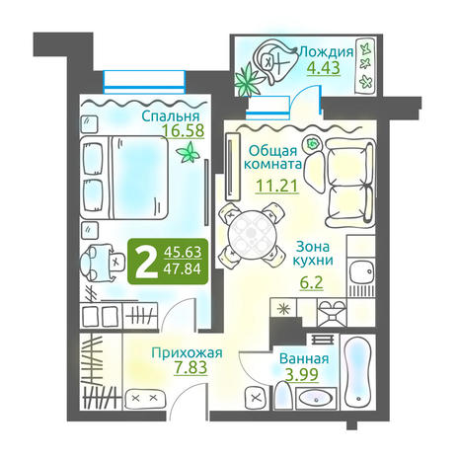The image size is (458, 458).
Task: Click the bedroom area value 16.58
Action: [x=184, y=130]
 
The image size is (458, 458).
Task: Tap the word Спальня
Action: [x=171, y=115]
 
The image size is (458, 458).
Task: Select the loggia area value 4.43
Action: [x=324, y=68]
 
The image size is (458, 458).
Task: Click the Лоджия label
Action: [x=327, y=51]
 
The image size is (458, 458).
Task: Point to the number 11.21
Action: [x=277, y=186]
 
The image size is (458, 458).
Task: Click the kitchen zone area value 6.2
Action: [x=311, y=282]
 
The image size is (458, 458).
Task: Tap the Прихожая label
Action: [x=187, y=353]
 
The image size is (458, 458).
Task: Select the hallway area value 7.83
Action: [x=191, y=367]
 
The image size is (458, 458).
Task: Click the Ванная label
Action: [x=304, y=358]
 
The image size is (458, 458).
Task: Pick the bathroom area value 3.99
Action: [x=302, y=374]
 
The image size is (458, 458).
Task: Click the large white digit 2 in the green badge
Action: [x=145, y=262]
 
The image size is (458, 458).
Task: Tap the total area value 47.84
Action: [x=183, y=268]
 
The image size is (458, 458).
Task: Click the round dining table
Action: [x=252, y=234]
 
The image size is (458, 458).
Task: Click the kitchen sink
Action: [x=361, y=271]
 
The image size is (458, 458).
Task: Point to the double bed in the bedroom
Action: [x=124, y=178]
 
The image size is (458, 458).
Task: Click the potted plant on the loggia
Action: [x=249, y=80]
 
